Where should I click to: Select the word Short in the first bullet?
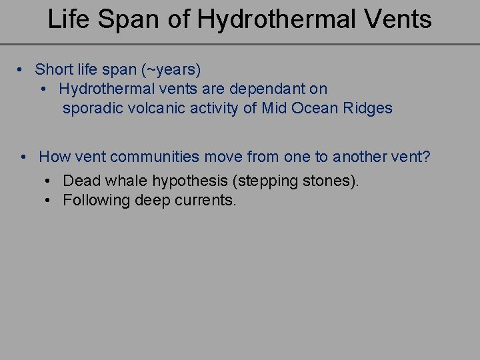click(x=54, y=69)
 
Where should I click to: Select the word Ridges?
click(x=368, y=109)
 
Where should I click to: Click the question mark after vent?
click(x=427, y=157)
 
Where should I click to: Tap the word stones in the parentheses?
click(x=329, y=181)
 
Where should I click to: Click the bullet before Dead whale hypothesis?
click(x=49, y=181)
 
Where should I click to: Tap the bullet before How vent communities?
click(x=23, y=157)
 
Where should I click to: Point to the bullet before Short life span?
click(x=22, y=69)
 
